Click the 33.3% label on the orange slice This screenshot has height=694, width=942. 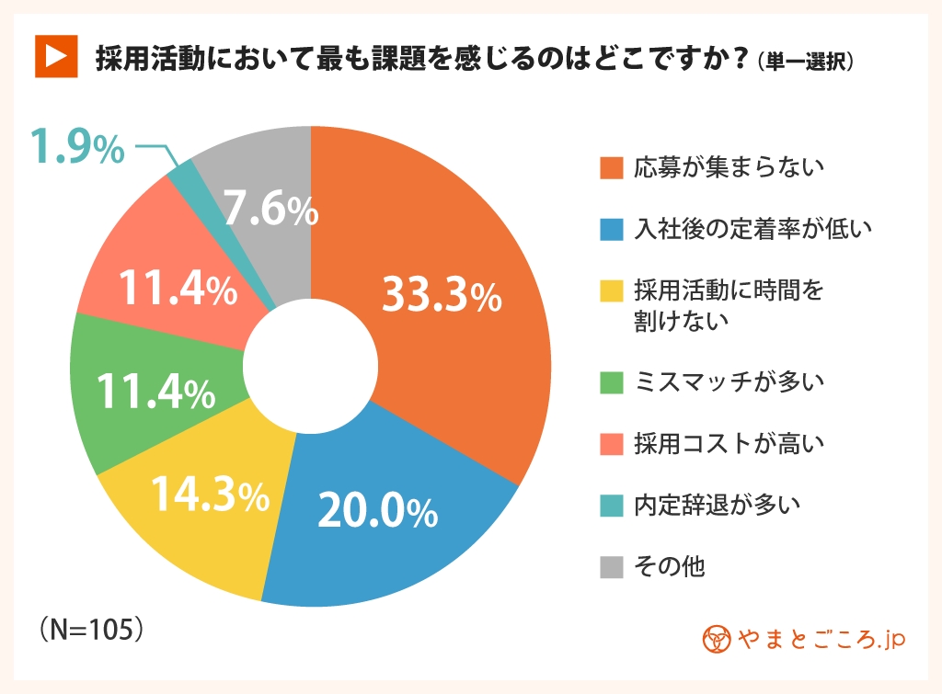tap(441, 296)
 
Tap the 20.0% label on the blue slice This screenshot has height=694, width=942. tap(376, 513)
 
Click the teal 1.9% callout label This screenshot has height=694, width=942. tap(77, 148)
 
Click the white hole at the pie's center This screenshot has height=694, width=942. tap(310, 366)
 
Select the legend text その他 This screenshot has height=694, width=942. tap(670, 565)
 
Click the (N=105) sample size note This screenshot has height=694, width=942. tap(92, 630)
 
